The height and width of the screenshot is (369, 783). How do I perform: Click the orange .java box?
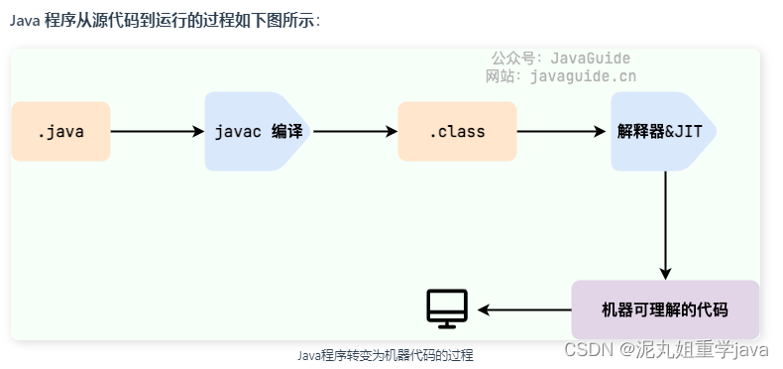pos(60,131)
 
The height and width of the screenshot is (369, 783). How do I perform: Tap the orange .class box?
pos(457,131)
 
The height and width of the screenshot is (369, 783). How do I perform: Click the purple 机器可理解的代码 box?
pos(665,309)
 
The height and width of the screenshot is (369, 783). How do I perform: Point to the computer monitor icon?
pos(447,308)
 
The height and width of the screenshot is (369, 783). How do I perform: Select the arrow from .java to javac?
pos(157,131)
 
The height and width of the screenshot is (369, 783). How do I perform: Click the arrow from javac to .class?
pos(354,131)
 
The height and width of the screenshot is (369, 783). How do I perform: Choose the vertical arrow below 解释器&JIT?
pos(665,224)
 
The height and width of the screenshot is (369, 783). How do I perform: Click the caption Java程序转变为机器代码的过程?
pos(386,355)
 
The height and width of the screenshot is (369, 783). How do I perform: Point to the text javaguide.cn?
pos(584,75)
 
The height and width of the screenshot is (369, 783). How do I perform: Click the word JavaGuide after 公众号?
pos(594,59)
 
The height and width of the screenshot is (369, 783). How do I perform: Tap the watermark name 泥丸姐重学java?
pos(694,349)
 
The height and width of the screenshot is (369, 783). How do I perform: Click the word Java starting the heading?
pos(24,21)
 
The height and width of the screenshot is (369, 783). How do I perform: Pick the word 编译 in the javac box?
pos(286,131)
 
